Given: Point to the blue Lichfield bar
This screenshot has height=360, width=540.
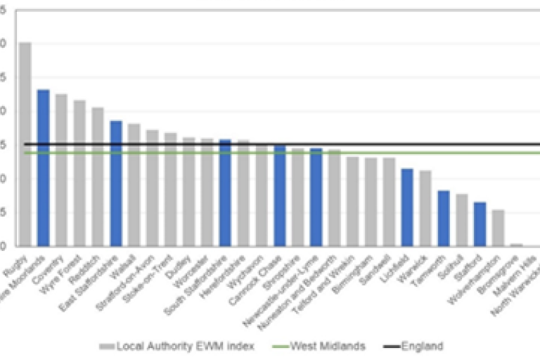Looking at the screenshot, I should [407, 207].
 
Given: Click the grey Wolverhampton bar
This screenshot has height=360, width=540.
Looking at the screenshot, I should [498, 228].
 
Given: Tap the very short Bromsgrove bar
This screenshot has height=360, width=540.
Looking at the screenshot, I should [516, 245].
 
